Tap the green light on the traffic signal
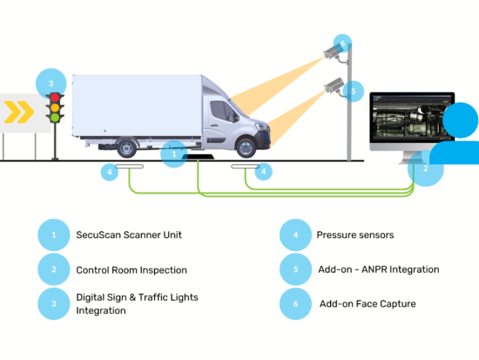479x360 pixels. tap(55, 118)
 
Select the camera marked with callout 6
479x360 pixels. tap(332, 54)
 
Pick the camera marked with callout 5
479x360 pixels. tap(333, 85)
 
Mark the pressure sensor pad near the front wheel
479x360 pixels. tap(246, 166)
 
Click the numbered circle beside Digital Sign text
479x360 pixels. tap(53, 303)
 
